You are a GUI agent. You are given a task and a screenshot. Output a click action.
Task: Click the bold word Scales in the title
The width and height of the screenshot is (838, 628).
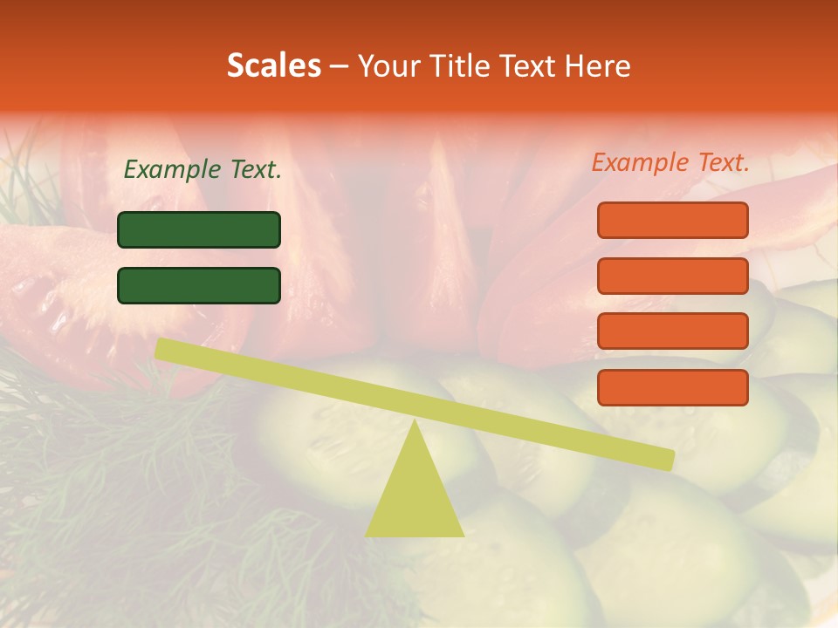coord(273,65)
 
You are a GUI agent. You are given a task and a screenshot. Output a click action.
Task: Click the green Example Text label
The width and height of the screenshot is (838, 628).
coord(203,169)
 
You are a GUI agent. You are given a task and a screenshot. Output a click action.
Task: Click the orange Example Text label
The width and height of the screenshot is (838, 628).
coord(670,162)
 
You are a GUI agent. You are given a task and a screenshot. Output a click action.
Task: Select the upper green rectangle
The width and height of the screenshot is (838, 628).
coord(199,229)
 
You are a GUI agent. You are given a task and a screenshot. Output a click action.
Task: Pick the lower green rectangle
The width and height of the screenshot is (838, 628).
coord(199,285)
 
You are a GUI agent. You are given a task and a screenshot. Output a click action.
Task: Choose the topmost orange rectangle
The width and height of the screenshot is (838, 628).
coord(673,220)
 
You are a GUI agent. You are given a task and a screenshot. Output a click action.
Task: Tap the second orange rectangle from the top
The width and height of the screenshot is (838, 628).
coord(673,276)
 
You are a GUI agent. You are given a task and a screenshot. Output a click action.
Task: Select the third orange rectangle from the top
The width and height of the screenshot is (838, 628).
coord(673,331)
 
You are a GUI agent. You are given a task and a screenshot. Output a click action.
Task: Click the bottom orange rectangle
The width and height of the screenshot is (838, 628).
coord(673,387)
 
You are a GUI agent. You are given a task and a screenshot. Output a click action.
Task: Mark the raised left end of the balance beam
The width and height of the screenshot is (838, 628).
coord(161,349)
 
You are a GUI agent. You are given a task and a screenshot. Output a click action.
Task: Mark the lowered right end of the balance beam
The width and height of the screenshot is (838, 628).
coord(667,459)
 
